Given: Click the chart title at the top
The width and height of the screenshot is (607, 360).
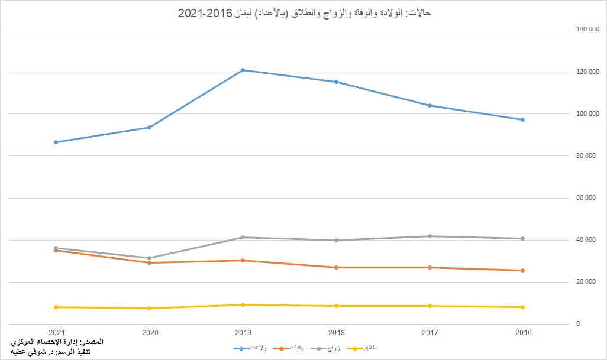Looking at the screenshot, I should (304, 12).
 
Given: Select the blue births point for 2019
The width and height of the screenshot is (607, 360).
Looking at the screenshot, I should (243, 70).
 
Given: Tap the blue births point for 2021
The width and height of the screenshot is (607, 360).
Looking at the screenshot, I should (56, 142).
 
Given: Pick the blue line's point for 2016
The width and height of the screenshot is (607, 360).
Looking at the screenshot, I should (522, 119).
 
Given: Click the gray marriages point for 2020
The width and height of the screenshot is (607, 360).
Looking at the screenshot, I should (149, 258).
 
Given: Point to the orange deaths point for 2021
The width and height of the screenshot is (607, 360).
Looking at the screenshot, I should (56, 251).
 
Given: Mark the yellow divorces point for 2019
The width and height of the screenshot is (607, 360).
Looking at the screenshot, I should (243, 304).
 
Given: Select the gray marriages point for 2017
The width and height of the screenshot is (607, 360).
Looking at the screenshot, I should (429, 236).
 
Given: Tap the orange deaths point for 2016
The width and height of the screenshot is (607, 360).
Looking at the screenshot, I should (522, 270).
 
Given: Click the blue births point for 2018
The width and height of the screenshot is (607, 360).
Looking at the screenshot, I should (336, 82).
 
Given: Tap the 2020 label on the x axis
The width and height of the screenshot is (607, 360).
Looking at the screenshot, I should (149, 333).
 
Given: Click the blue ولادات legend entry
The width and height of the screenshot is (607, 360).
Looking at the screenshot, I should (249, 349).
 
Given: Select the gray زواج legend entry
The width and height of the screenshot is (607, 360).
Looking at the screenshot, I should (325, 349).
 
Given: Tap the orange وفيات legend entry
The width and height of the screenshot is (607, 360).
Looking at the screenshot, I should (288, 349).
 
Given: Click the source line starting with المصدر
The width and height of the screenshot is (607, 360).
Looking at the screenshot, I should (57, 342).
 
